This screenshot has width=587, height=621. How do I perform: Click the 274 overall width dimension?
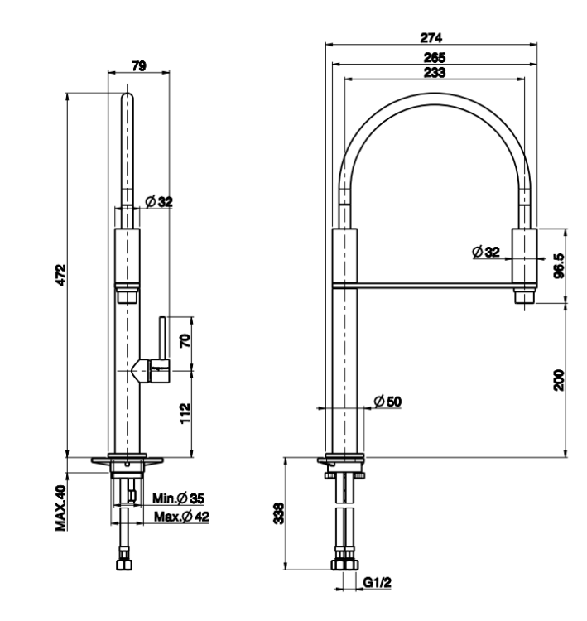(x=431, y=37)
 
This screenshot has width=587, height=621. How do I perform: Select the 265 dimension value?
(x=435, y=58)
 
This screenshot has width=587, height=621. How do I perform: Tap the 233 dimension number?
(x=435, y=73)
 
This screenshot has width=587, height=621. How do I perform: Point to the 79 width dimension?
(x=139, y=65)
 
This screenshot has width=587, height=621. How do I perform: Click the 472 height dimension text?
(x=61, y=275)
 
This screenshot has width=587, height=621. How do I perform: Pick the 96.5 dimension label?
(x=559, y=266)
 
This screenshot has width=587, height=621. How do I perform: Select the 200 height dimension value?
(x=559, y=380)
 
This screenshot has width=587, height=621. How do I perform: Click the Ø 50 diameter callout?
(x=387, y=402)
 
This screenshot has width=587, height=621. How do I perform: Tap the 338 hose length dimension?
(x=279, y=513)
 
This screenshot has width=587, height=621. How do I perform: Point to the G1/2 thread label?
(x=377, y=583)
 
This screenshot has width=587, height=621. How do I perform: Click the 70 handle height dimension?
(x=185, y=341)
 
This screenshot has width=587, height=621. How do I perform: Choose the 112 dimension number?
(x=185, y=413)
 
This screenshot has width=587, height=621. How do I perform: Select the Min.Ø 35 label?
(x=179, y=498)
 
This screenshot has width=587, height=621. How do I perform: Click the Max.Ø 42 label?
(x=182, y=517)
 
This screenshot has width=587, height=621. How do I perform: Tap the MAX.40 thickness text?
(x=61, y=508)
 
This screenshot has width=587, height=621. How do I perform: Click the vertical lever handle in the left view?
(x=162, y=338)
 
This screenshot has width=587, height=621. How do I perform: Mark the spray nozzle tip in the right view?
(x=524, y=297)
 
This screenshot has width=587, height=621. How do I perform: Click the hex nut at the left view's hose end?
(x=124, y=565)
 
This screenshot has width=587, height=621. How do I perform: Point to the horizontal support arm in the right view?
(x=435, y=285)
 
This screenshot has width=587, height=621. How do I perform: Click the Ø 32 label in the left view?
(x=159, y=201)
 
